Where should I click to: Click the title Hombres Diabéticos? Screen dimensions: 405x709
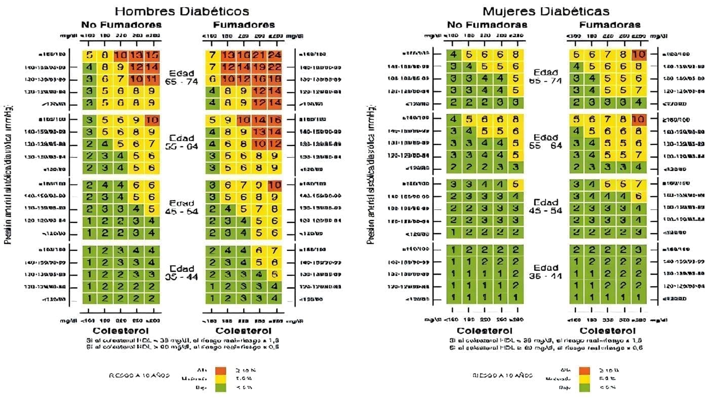182,11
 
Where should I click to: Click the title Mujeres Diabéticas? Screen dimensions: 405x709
545,11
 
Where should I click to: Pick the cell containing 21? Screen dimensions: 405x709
259,55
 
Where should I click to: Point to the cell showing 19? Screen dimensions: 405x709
259,67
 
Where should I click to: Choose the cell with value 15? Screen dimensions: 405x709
152,55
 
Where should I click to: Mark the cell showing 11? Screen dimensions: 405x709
152,80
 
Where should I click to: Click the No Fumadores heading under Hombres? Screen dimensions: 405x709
122,25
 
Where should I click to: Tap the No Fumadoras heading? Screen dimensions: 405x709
487,25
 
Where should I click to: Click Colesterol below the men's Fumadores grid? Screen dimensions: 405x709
244,331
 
